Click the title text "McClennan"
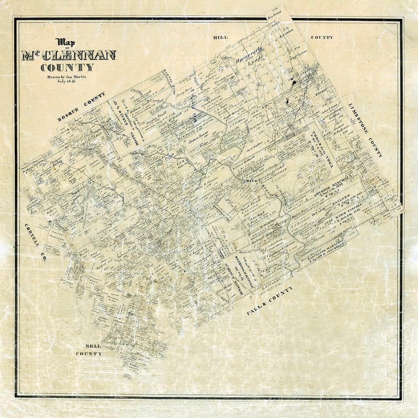[69, 55]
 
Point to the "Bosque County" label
[81, 107]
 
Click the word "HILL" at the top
[220, 37]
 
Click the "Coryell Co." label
[35, 242]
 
